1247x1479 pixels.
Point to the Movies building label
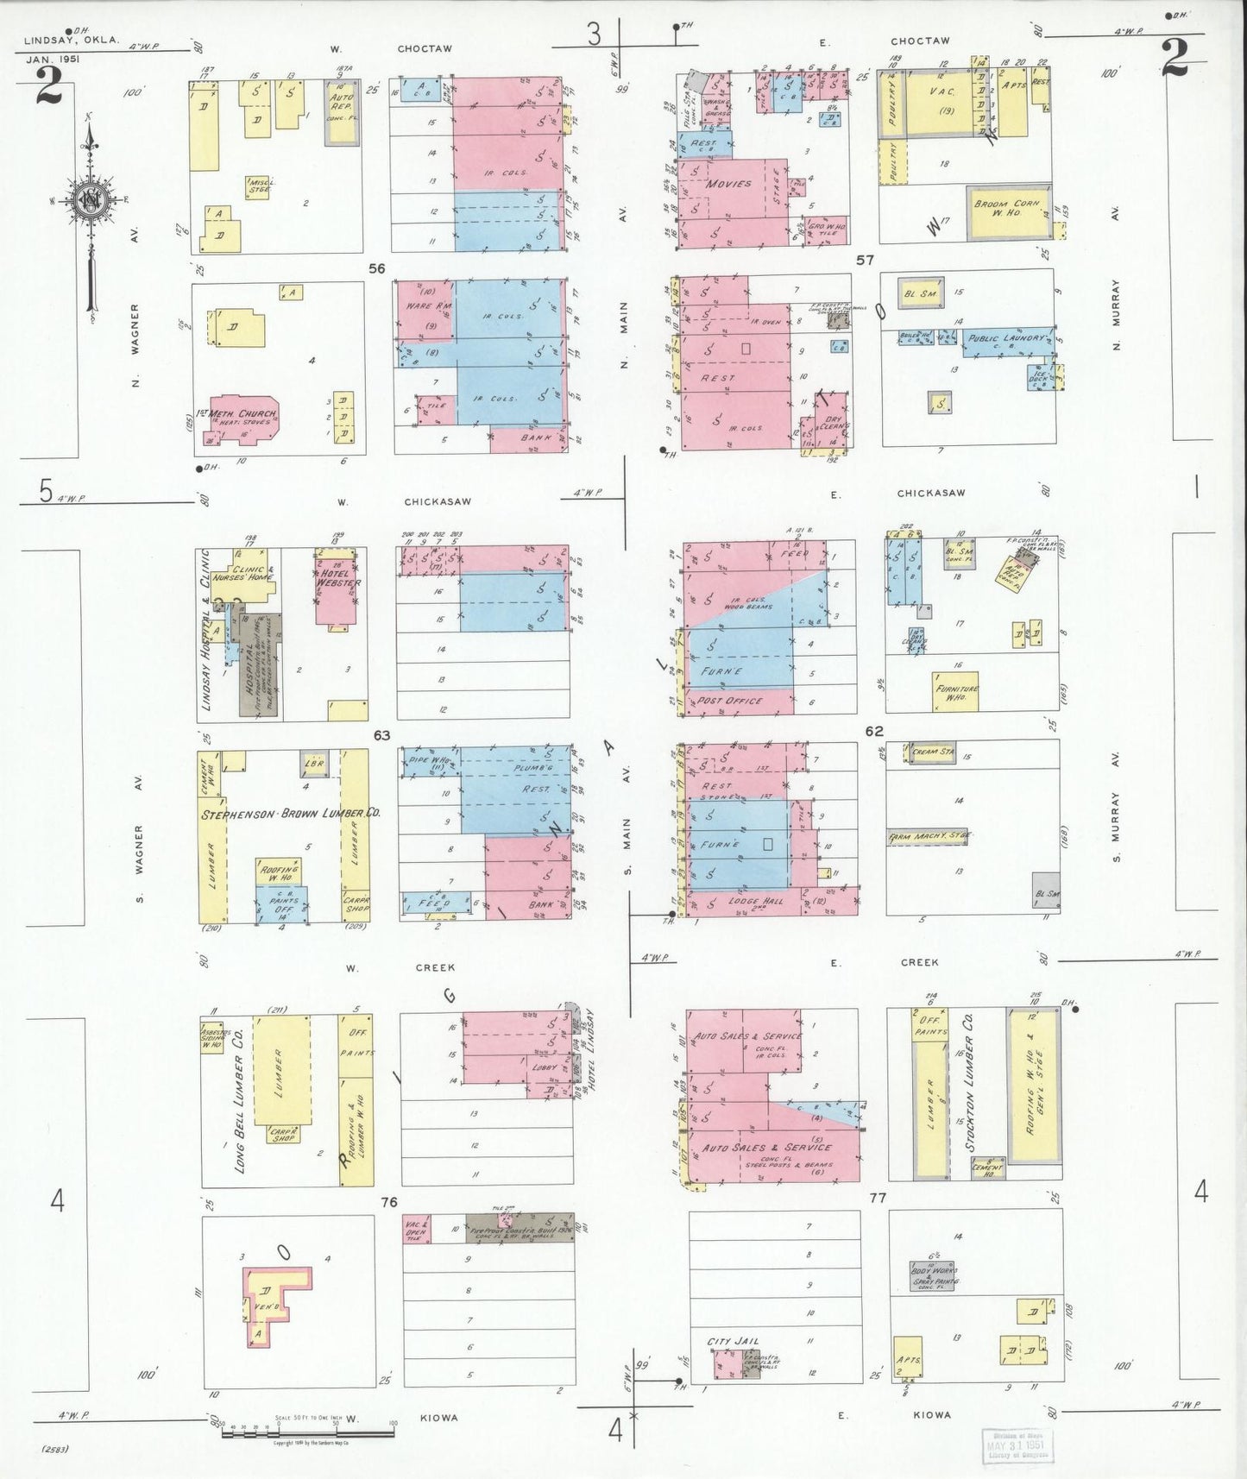tap(730, 184)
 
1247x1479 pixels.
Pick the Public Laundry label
tap(1009, 338)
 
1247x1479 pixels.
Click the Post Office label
tap(730, 701)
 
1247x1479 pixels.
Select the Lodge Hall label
tap(756, 902)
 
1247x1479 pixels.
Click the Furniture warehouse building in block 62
tap(956, 691)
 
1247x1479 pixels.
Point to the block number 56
tap(376, 268)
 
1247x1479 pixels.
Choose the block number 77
tap(879, 1198)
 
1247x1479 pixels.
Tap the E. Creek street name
tap(889, 961)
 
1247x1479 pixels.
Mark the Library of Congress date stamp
tap(1018, 1443)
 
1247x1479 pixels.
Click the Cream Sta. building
tap(932, 752)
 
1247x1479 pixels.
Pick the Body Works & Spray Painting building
tap(933, 1275)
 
